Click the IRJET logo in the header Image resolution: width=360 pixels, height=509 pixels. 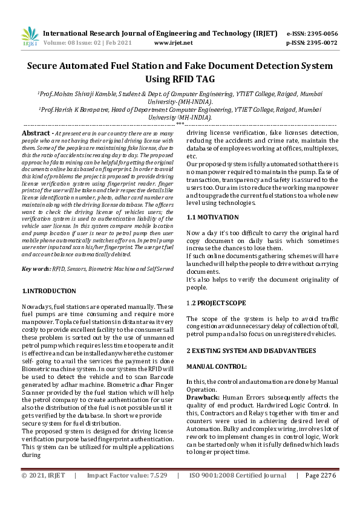(x=30, y=37)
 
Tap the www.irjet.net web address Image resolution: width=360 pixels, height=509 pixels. (x=174, y=43)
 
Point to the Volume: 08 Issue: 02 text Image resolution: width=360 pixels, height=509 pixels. (x=76, y=43)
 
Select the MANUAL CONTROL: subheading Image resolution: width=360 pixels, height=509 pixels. (x=216, y=366)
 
